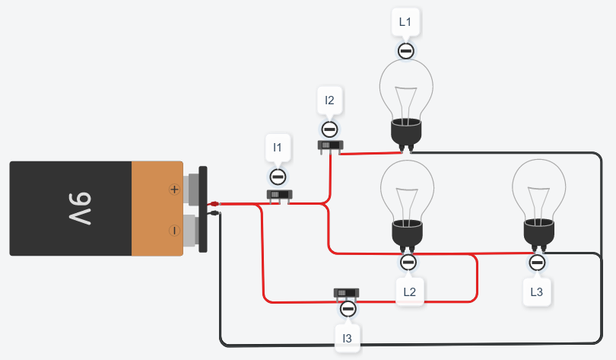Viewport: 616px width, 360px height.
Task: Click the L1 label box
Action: point(405,22)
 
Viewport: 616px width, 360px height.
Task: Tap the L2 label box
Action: point(409,292)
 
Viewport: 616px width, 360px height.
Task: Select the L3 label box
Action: point(537,292)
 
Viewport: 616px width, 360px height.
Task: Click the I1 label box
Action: point(278,147)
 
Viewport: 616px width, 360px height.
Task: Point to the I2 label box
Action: point(329,100)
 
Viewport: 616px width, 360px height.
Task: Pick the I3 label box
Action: point(348,337)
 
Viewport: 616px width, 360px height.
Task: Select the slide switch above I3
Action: point(347,293)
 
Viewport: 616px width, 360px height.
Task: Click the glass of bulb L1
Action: point(406,89)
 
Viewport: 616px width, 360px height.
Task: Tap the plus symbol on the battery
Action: point(174,189)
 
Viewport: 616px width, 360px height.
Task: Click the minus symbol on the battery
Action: point(174,230)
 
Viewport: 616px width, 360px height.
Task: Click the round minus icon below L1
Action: point(406,51)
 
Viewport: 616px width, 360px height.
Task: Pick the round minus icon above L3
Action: point(537,263)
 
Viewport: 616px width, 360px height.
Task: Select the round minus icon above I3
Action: point(348,308)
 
